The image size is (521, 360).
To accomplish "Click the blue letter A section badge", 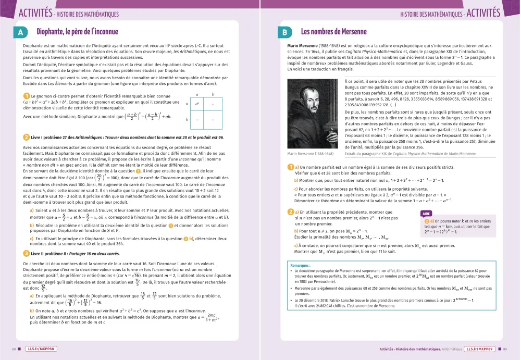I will (20, 32).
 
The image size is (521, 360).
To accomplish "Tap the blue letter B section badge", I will (285, 32).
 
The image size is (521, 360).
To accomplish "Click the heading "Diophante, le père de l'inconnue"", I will (77, 32).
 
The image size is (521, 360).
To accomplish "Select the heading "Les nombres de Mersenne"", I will (334, 32).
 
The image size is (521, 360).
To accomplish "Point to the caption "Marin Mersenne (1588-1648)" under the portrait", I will (311, 154).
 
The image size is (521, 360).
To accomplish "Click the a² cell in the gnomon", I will (197, 104).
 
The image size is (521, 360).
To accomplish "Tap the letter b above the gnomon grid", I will (213, 94).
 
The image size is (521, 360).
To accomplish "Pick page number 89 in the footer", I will (506, 349).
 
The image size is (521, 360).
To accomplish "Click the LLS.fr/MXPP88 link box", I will (40, 349).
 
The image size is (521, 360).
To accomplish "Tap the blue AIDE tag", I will (426, 214).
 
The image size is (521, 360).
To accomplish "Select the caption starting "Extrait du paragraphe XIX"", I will (411, 154).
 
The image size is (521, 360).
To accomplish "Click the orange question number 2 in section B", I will (291, 212).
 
